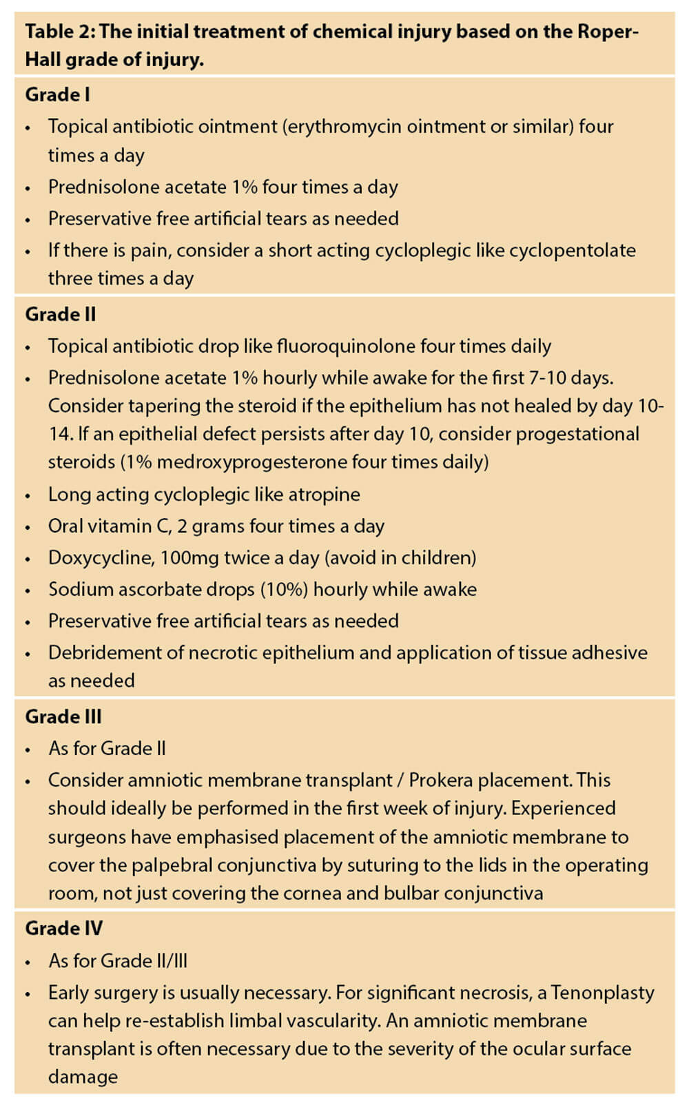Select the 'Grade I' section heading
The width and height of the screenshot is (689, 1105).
click(x=57, y=94)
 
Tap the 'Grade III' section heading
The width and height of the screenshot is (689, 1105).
click(x=63, y=716)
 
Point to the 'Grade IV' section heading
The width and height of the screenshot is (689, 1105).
click(x=63, y=929)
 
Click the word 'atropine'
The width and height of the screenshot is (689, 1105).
click(x=323, y=495)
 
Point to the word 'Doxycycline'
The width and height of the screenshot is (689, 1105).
click(x=101, y=557)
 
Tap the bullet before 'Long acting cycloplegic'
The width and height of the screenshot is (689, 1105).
click(x=28, y=496)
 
